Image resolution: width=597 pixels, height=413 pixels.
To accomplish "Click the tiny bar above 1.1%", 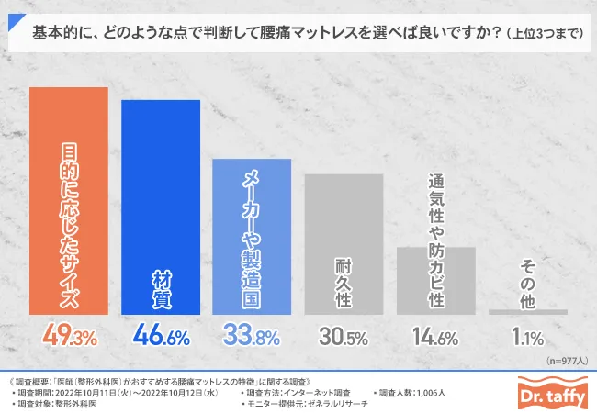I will click(x=527, y=312).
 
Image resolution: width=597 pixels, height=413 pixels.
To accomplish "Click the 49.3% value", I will click(x=69, y=337).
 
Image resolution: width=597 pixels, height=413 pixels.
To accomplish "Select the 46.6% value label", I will click(x=161, y=337).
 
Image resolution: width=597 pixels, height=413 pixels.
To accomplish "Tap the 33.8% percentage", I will click(x=253, y=337).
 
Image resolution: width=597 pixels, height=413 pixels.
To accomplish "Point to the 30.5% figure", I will click(x=344, y=337).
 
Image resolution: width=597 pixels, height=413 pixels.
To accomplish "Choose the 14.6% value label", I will click(x=435, y=337).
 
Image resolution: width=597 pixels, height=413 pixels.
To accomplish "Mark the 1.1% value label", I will click(x=527, y=337).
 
